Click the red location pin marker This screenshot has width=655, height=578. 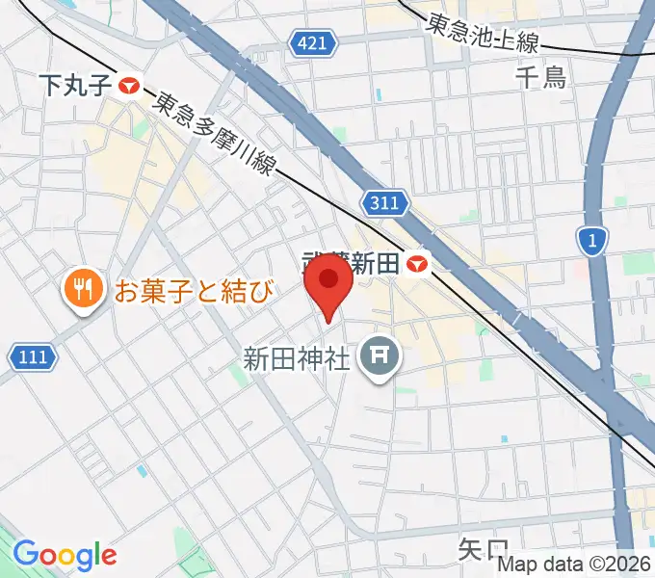click(x=328, y=286)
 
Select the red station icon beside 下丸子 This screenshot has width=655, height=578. click(x=129, y=87)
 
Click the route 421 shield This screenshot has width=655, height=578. click(x=314, y=42)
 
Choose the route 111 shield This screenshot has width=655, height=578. click(x=32, y=357)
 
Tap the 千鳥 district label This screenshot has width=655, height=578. click(x=541, y=78)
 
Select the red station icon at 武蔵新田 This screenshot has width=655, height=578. click(x=417, y=262)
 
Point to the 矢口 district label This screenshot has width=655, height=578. click(x=483, y=550)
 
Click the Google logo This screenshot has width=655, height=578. click(x=65, y=556)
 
